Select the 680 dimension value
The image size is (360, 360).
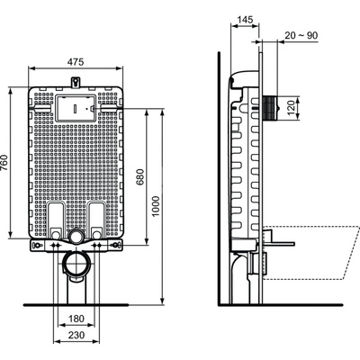(x=140, y=178)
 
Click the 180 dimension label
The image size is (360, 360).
(x=77, y=319)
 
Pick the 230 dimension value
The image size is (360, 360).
(x=77, y=335)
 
